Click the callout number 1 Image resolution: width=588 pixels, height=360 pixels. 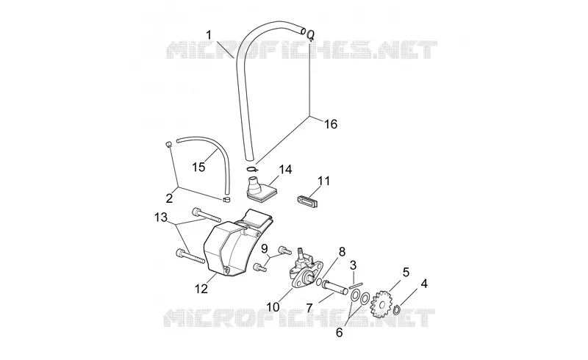(x=209, y=35)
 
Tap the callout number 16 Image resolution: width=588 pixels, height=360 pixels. (x=331, y=123)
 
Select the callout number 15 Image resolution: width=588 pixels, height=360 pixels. (x=198, y=167)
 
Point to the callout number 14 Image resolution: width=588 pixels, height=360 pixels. (x=285, y=170)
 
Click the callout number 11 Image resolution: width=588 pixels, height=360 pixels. (x=323, y=181)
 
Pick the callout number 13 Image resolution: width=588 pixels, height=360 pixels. (x=161, y=217)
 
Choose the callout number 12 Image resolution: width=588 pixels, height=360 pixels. (x=201, y=289)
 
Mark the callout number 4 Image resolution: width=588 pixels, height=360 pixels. (x=424, y=284)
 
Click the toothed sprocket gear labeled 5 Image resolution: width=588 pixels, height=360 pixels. (x=381, y=304)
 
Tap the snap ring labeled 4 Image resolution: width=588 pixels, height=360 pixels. (x=398, y=310)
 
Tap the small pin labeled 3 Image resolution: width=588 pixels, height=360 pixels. (x=354, y=286)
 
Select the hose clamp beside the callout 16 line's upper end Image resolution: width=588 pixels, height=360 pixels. (x=309, y=35)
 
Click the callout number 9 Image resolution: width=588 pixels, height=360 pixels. (x=265, y=248)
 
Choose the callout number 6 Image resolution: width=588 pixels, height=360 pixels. (x=340, y=332)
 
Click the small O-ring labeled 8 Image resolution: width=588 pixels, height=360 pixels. (x=318, y=282)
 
